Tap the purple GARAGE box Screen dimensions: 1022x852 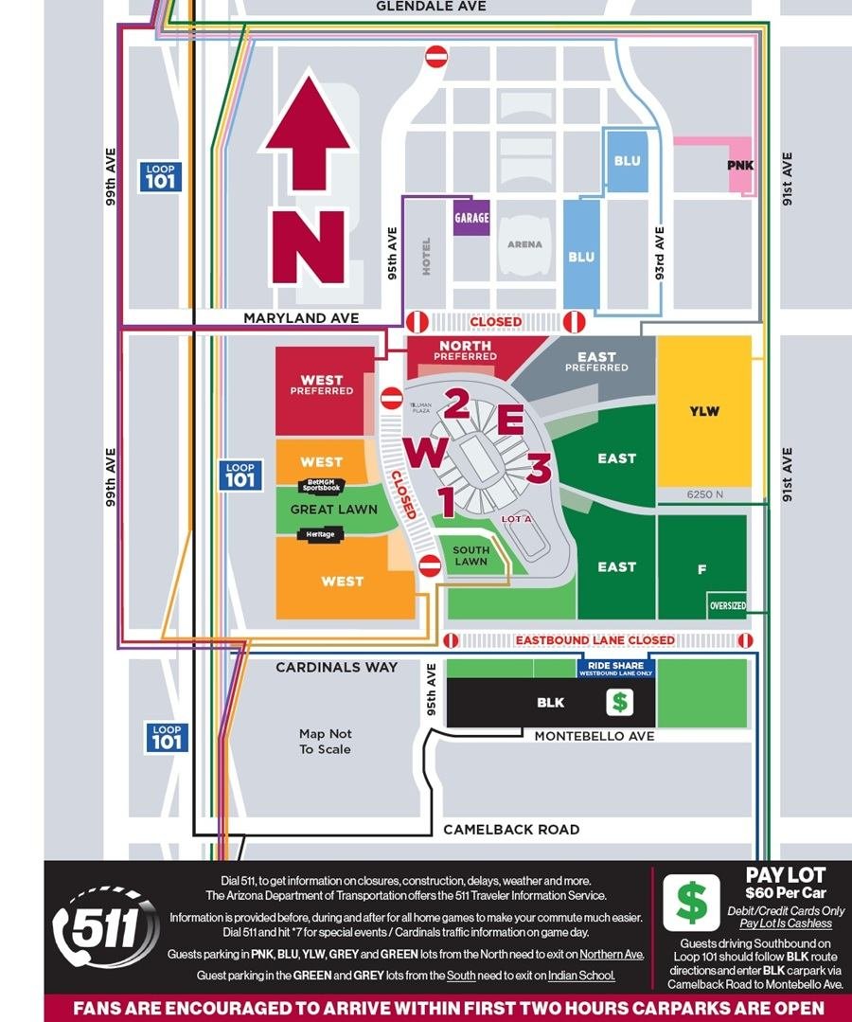coord(471,218)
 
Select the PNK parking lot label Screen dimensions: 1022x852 coord(740,165)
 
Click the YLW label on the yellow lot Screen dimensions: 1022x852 coord(704,411)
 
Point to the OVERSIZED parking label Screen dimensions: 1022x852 coord(727,605)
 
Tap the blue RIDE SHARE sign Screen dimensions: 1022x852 coord(615,669)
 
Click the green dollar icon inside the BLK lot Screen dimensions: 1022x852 coord(620,703)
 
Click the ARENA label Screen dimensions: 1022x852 coord(524,244)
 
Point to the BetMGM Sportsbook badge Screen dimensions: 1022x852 coord(321,486)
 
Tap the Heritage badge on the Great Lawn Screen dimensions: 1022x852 coord(321,535)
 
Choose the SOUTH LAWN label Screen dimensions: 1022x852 coord(470,556)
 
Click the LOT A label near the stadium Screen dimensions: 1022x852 coord(516,519)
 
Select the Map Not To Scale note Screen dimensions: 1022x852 coord(325,742)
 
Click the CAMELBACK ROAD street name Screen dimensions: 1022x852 coord(511,830)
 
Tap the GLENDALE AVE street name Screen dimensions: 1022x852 coord(431,7)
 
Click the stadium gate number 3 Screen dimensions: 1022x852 coord(539,468)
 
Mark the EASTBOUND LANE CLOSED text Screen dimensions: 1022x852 coord(595,640)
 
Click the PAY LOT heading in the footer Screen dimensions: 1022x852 coord(786,876)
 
